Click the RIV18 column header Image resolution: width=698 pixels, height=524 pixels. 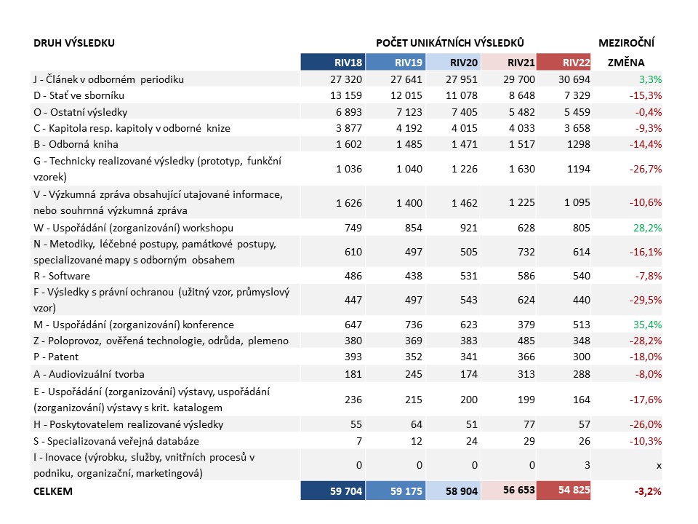pyautogui.click(x=348, y=63)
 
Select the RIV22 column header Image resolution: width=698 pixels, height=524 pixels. pyautogui.click(x=576, y=63)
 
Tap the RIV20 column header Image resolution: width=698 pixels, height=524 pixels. pyautogui.click(x=463, y=63)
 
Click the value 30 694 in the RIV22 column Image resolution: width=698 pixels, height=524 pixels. pyautogui.click(x=574, y=79)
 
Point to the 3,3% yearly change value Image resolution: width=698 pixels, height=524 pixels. pyautogui.click(x=650, y=79)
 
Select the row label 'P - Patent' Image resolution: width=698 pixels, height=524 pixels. pyautogui.click(x=56, y=357)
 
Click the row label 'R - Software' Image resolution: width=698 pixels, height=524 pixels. pyautogui.click(x=61, y=277)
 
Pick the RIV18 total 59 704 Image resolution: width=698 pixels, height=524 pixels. pyautogui.click(x=346, y=491)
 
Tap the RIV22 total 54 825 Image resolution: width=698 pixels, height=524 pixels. pyautogui.click(x=574, y=490)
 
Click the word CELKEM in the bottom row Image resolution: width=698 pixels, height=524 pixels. pyautogui.click(x=52, y=491)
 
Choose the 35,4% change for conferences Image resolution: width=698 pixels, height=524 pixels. pyautogui.click(x=648, y=325)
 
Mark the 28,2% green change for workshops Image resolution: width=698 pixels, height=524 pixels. pyautogui.click(x=648, y=228)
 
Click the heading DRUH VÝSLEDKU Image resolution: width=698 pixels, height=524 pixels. pyautogui.click(x=74, y=43)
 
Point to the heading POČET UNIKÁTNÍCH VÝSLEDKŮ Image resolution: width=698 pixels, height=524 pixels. pyautogui.click(x=449, y=43)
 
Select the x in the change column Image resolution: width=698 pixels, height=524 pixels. pyautogui.click(x=659, y=466)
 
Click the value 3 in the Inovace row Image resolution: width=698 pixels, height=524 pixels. pyautogui.click(x=587, y=465)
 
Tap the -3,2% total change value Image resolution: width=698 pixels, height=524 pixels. pyautogui.click(x=648, y=491)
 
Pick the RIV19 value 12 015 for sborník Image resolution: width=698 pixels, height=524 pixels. pyautogui.click(x=406, y=95)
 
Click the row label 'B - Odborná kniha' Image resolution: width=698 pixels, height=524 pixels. pyautogui.click(x=76, y=144)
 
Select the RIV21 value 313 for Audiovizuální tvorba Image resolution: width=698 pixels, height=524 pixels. pyautogui.click(x=526, y=374)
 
